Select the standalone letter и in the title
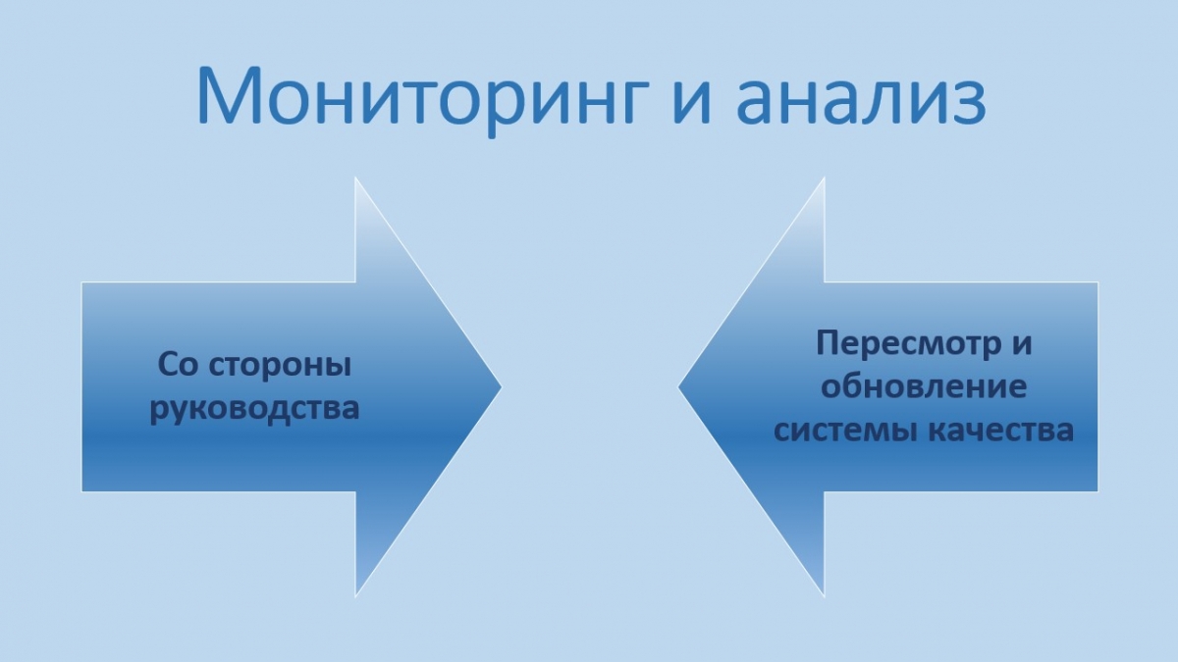[693, 101]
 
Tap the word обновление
[924, 386]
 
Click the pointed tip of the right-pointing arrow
[502, 387]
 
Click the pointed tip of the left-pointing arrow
[678, 387]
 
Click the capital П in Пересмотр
[829, 342]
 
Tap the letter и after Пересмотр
[1021, 346]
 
